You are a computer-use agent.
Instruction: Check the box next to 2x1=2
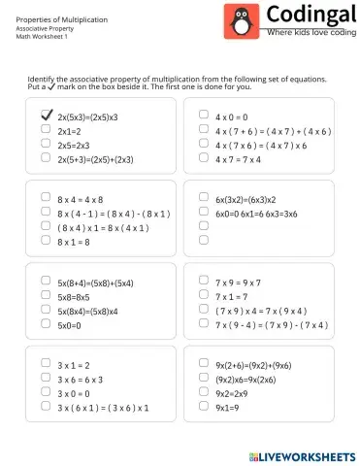(46, 129)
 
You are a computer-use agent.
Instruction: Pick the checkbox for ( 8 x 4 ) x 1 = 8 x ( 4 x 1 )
(46, 226)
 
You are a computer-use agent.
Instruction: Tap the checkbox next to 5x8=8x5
(46, 296)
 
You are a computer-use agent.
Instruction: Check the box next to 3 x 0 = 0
(46, 393)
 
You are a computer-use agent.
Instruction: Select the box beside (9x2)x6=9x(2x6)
(204, 379)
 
